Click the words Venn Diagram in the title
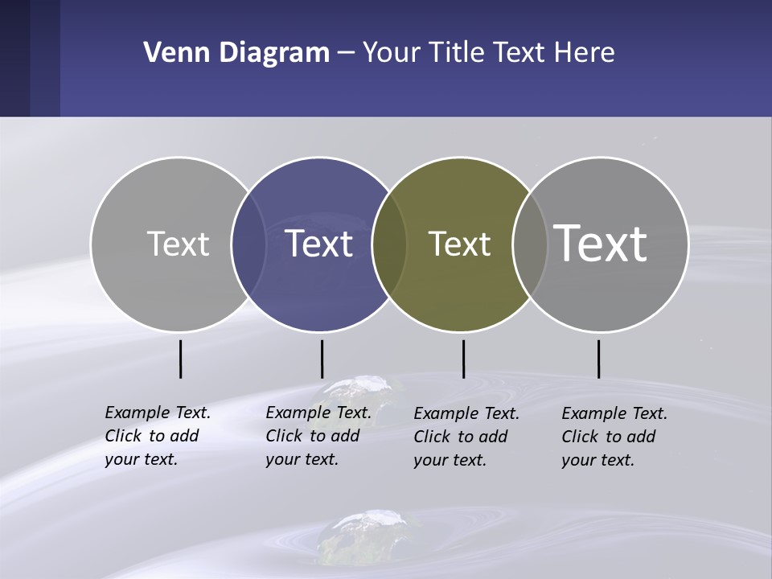[236, 53]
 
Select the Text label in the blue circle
[318, 244]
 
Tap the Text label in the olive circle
[459, 244]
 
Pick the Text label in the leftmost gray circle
[178, 244]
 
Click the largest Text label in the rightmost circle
[600, 243]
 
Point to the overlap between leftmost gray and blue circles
[248, 244]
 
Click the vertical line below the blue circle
[322, 359]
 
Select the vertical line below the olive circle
[463, 359]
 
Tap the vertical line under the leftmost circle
[181, 359]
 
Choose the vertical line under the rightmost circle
[598, 359]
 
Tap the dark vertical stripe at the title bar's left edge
[14, 58]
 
